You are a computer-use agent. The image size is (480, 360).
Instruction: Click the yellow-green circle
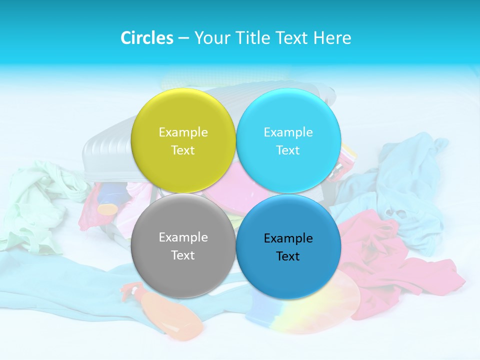click(x=183, y=140)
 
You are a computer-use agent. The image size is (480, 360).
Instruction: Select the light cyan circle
click(x=288, y=140)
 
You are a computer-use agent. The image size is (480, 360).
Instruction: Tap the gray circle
click(x=183, y=245)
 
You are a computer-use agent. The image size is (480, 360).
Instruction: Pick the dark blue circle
click(x=288, y=246)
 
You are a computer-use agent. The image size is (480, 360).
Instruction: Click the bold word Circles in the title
click(x=147, y=38)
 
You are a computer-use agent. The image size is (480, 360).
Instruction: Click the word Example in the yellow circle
click(x=183, y=132)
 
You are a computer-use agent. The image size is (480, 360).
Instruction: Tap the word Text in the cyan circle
click(x=288, y=150)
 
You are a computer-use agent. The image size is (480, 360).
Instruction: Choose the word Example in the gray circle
click(x=183, y=237)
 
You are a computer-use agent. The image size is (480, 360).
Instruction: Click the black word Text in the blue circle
click(x=288, y=256)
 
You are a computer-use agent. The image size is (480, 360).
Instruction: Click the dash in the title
click(x=183, y=38)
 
